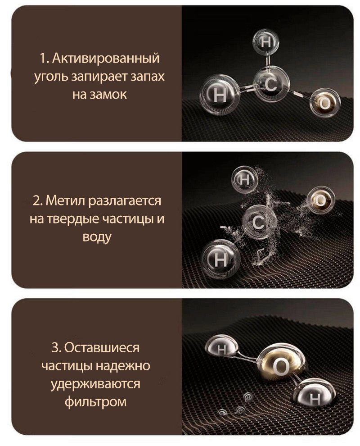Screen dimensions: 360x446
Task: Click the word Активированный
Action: coord(106,58)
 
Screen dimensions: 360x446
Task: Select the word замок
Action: coord(108,95)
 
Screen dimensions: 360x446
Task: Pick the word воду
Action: coord(97,237)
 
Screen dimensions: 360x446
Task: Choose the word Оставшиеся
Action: coord(102,348)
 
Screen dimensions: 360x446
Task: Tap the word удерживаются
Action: coord(95,384)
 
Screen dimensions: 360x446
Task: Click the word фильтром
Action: coord(95,402)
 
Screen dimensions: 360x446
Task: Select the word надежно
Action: coord(123,366)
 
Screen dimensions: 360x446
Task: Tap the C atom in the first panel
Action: coord(271,84)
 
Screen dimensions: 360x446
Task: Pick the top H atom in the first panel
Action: coord(265,42)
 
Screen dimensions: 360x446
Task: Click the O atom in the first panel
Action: coord(325,103)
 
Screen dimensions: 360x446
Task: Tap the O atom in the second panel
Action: coord(321,200)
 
